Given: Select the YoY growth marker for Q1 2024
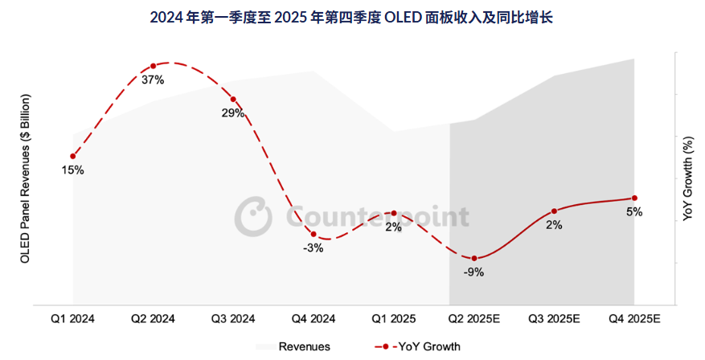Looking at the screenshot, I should (73, 156).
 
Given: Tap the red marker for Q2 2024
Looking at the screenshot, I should (153, 66).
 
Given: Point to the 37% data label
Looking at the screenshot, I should (153, 80).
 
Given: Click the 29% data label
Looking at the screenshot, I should (233, 113).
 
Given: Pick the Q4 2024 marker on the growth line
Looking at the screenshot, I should (314, 235).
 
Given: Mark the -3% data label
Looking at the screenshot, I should (314, 248).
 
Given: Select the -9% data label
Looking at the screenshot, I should (473, 272).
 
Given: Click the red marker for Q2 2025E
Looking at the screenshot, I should (473, 258).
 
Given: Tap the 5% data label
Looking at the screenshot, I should (634, 212).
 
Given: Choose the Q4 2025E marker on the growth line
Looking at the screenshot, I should (634, 198).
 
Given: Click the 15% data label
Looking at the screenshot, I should (73, 170).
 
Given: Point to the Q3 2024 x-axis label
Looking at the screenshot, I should (233, 319).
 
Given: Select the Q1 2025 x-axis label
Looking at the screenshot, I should (393, 319).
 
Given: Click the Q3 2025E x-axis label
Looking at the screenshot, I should (554, 319).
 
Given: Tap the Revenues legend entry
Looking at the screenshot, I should (293, 346).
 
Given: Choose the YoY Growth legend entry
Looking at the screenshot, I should (418, 346).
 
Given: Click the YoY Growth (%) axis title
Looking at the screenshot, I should (688, 178).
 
